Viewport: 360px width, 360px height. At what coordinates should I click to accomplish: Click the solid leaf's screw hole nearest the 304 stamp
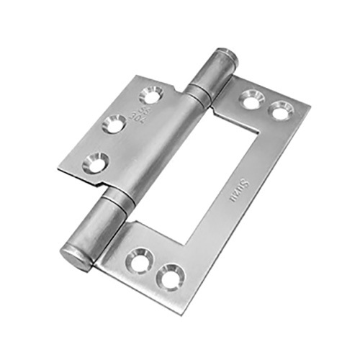tap(151, 94)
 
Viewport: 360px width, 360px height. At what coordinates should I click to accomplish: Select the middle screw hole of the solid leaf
tap(115, 124)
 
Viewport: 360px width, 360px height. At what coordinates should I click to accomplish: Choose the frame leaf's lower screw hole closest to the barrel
tap(139, 261)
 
